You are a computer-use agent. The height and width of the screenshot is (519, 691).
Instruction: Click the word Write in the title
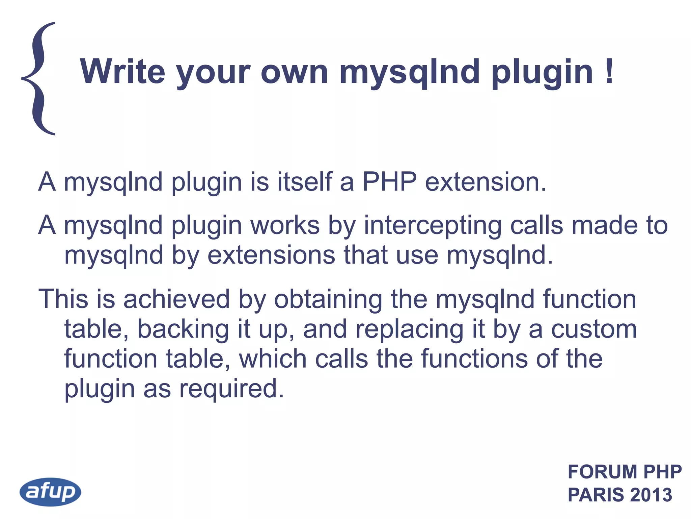122,71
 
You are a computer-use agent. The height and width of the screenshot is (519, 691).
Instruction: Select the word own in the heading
294,72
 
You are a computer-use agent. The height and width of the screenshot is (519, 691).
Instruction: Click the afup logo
50,492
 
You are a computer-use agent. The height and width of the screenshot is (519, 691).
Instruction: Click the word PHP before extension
389,182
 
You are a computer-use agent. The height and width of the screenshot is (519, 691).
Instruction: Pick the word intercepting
433,226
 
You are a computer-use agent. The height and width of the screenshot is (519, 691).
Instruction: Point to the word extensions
271,255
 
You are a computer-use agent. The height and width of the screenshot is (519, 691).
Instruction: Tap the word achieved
176,299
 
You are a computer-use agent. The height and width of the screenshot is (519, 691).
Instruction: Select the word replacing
410,329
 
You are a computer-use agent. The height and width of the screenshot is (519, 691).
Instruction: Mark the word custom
594,329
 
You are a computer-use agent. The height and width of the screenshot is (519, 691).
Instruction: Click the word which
273,359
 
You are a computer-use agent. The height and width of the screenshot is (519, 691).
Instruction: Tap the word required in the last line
231,389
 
